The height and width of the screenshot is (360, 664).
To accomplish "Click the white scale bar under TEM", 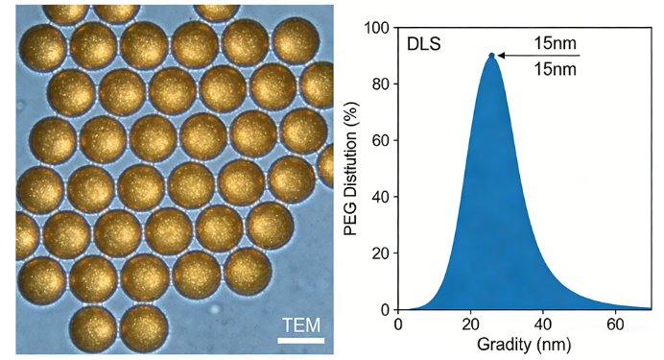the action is coord(301,340).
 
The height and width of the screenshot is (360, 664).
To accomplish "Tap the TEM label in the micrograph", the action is coord(301,325).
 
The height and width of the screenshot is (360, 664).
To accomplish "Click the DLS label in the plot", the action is coord(424,44).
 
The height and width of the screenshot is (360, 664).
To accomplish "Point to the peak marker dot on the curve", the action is coord(491,56).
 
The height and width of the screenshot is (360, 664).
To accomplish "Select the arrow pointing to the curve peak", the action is coord(538,56).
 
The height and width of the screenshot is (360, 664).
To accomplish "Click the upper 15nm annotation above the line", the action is coord(555,43).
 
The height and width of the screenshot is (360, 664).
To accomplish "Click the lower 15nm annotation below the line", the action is coord(555,68).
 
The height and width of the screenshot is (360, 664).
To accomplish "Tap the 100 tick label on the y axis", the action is coord(377,28).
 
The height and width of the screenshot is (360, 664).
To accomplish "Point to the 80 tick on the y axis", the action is coord(381,84).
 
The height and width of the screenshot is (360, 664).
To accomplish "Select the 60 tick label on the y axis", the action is coord(381,140).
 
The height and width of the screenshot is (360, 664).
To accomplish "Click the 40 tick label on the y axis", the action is coord(381,197).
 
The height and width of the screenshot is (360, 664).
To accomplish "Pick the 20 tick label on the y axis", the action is coord(381,252).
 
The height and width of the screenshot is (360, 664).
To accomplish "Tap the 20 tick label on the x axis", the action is coord(470,324).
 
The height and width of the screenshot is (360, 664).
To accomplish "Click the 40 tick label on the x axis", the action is coord(543,324).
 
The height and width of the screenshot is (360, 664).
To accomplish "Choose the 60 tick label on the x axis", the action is coord(615,324).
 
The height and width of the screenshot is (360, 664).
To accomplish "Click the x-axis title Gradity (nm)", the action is coord(524,345).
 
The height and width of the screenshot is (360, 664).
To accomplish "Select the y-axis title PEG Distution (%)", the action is coord(350,169).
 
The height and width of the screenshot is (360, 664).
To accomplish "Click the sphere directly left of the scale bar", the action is coord(144,327).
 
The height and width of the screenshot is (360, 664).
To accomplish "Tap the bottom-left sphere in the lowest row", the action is coord(93,328).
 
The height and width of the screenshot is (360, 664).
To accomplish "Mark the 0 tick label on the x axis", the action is coord(398,324).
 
